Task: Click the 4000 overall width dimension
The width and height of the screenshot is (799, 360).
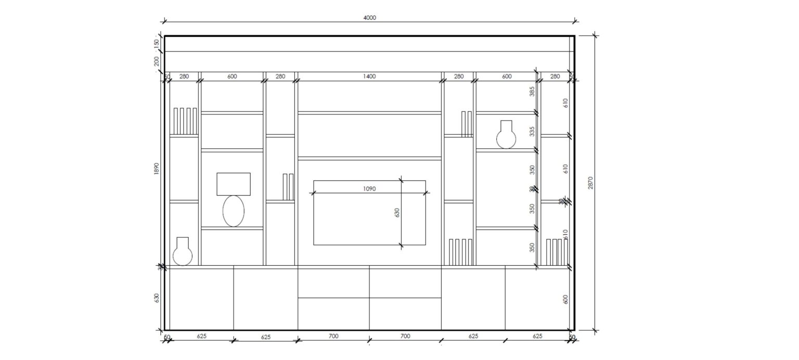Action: point(369,17)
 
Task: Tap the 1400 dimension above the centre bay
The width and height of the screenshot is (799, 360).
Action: point(369,76)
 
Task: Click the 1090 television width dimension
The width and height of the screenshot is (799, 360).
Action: point(369,189)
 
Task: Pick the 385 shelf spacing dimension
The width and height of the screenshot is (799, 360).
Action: point(532,92)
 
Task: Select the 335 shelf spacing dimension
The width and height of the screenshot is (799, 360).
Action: point(532,132)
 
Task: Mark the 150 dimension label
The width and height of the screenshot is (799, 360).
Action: point(157,43)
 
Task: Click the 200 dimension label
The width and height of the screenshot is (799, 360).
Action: point(157,61)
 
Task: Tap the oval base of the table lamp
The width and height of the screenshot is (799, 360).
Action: point(234,211)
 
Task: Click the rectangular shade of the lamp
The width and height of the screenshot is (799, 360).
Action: point(234,184)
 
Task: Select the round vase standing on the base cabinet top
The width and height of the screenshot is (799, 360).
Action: point(183,252)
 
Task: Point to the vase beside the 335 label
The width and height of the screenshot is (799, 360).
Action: point(506,135)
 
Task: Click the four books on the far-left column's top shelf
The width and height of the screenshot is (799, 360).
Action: point(185,121)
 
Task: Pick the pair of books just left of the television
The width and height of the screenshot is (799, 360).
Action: point(288,187)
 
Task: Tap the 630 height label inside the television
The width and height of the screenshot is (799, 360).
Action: point(397,212)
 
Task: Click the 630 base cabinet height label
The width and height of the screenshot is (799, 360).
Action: point(157,298)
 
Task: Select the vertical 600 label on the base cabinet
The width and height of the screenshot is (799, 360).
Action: point(565,299)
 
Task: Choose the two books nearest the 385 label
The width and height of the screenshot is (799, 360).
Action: point(466,124)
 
